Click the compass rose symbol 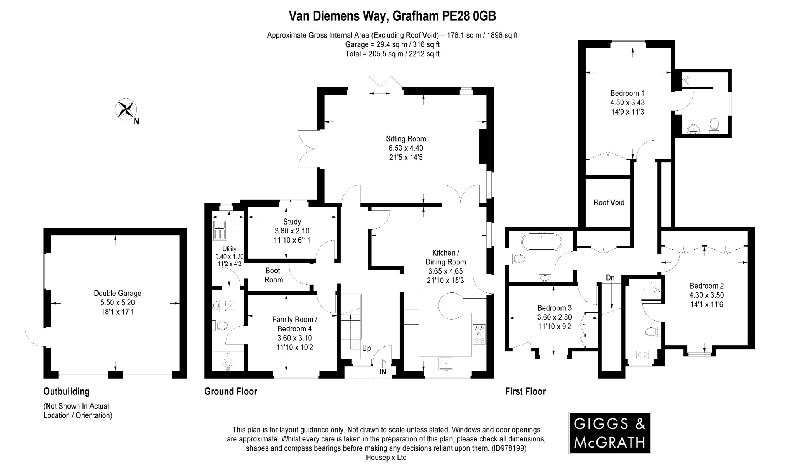126,109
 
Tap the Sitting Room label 406,139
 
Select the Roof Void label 609,202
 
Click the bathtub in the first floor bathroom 541,242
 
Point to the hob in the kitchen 479,334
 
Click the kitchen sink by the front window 446,363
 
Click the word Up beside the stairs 366,348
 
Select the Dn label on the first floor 610,277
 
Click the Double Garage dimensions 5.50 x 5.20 118,302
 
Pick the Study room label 292,222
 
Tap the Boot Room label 273,275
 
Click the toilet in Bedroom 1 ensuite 714,125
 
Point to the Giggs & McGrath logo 609,433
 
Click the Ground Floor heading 230,391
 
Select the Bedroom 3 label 554,308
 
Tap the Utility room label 230,249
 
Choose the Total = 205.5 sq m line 392,54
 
